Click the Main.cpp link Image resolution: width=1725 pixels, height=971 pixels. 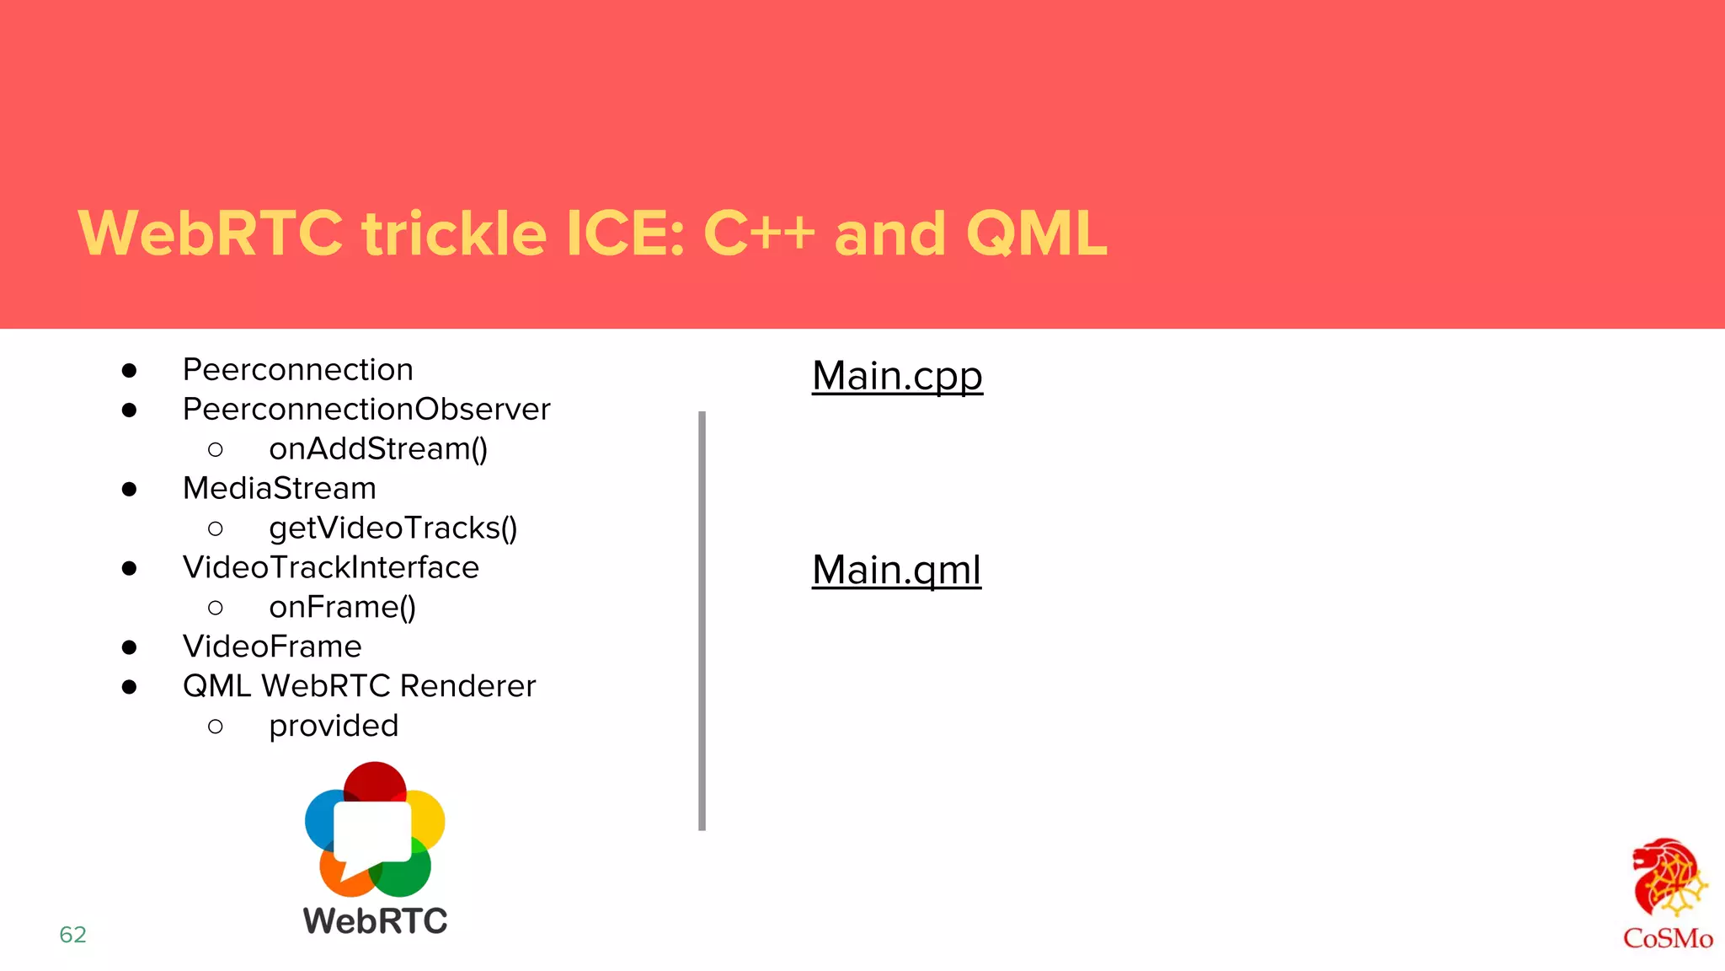(x=897, y=376)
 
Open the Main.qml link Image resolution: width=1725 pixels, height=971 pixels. (x=896, y=570)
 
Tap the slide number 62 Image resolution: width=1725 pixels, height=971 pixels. (x=72, y=934)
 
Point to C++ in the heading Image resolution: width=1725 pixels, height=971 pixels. (x=758, y=233)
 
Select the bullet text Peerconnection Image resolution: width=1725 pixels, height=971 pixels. (x=297, y=370)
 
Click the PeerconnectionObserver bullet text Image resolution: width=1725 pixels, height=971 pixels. (x=366, y=410)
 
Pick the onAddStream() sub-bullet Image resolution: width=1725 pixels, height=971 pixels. (x=378, y=449)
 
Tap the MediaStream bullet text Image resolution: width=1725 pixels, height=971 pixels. (x=279, y=489)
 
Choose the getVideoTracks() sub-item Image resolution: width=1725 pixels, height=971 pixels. (x=393, y=528)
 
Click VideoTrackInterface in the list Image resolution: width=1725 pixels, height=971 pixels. (x=330, y=568)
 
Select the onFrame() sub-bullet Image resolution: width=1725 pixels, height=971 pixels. (x=342, y=608)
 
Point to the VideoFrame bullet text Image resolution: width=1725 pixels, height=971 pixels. (x=272, y=647)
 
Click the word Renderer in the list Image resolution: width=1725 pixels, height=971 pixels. (x=467, y=686)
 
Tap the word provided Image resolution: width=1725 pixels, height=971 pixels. (x=334, y=726)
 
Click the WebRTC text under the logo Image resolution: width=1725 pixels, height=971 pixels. (x=375, y=920)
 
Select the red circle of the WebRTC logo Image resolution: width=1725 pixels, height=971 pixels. (x=375, y=780)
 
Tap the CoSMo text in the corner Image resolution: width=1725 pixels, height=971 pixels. (x=1667, y=938)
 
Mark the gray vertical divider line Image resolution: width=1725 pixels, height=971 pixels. (x=702, y=620)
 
